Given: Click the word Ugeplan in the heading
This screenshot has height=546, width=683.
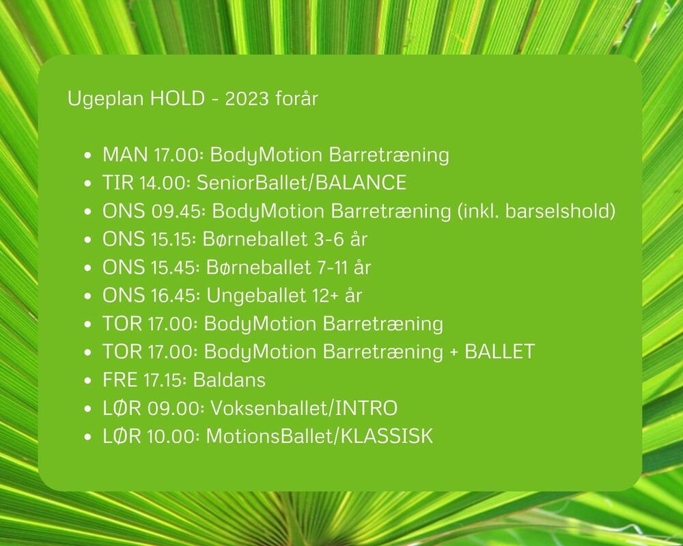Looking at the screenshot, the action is click(106, 99).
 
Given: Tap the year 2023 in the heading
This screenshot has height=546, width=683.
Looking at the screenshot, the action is click(247, 98).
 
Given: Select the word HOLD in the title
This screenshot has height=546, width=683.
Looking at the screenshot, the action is click(178, 98).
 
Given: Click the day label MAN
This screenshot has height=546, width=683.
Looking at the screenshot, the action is click(125, 155).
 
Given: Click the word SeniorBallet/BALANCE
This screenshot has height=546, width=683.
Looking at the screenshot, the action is click(301, 183).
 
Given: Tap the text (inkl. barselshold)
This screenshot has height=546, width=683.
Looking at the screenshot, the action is click(537, 211).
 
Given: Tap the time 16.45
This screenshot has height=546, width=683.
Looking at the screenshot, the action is click(176, 296).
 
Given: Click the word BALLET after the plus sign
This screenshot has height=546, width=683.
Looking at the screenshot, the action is click(500, 351).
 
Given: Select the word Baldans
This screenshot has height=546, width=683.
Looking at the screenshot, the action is click(229, 379).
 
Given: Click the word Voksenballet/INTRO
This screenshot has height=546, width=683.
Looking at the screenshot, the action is click(304, 408).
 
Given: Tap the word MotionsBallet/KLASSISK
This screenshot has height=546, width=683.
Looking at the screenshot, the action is click(320, 436).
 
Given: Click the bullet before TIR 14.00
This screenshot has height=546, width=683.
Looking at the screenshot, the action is click(88, 184).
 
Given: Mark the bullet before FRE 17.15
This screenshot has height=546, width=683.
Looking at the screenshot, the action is click(88, 381).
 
